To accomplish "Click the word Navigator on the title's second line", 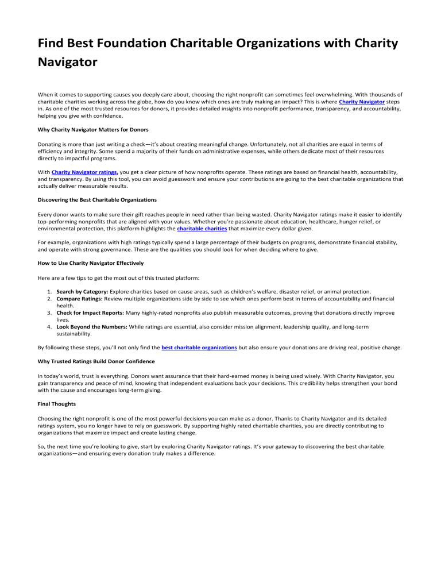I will coord(67,62).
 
